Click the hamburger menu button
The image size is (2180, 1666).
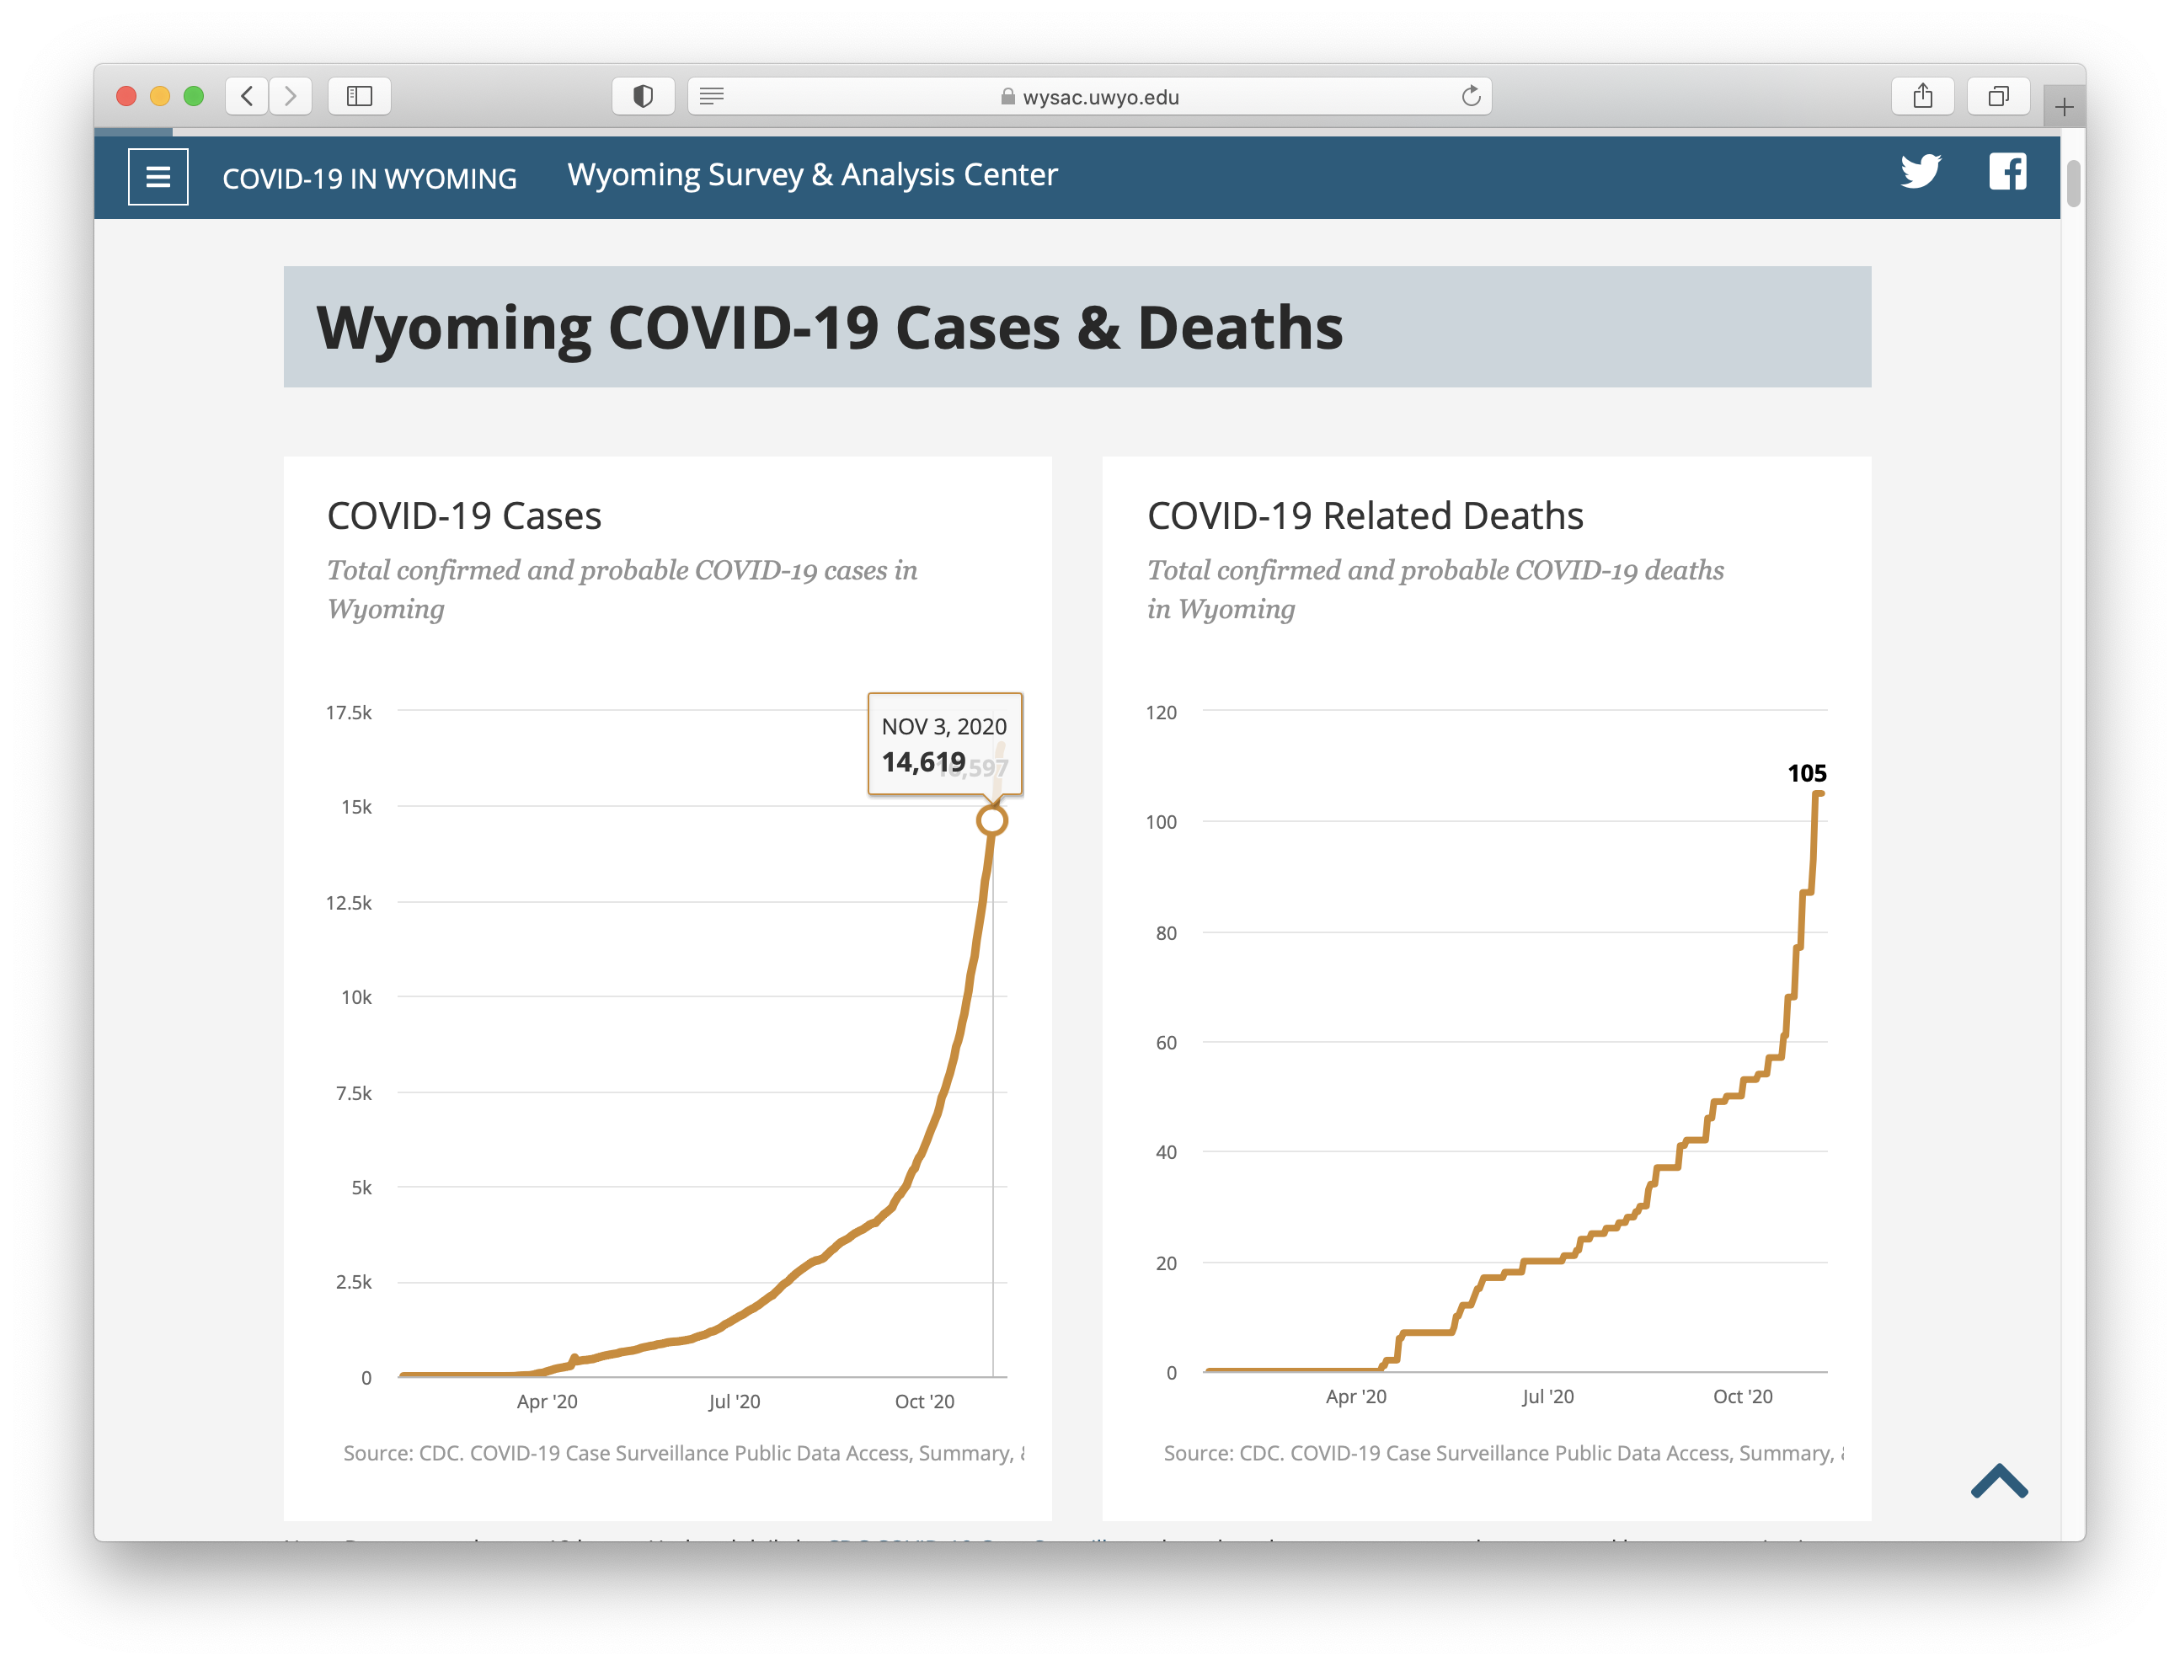pos(158,178)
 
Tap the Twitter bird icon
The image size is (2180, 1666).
pos(1921,172)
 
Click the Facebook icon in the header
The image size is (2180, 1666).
pos(2007,172)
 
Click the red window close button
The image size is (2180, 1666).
pos(126,96)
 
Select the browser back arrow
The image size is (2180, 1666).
pos(247,96)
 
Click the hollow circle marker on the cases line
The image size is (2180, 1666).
pos(991,821)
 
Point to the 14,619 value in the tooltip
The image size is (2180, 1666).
pos(923,761)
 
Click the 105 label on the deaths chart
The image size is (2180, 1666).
pos(1806,773)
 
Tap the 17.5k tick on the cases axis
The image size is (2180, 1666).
pos(348,712)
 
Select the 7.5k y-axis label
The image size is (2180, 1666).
pos(353,1092)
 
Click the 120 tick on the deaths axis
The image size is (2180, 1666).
pos(1161,712)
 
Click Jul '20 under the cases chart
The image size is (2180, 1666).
pos(734,1402)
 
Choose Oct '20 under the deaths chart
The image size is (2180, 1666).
pos(1743,1396)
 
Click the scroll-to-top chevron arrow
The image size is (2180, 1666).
pos(1999,1482)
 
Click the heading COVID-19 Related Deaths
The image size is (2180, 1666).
pos(1365,515)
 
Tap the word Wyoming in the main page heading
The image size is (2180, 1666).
pos(453,328)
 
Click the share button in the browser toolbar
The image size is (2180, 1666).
pos(1922,96)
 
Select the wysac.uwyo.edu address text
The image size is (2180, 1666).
pos(1100,97)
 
